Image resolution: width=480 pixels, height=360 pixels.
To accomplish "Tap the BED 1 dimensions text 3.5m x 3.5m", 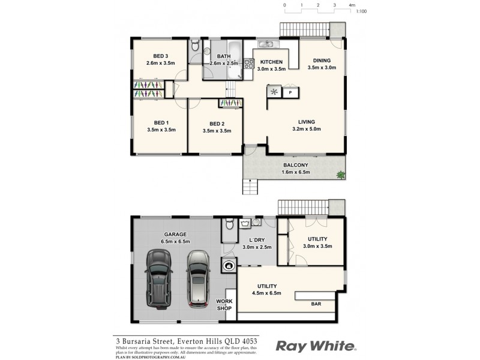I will point(160,129).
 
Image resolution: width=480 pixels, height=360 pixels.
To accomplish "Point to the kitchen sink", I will point(266,44).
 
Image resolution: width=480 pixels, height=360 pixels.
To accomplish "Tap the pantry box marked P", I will point(290,92).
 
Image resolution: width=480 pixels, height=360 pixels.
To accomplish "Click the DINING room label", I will point(322,59).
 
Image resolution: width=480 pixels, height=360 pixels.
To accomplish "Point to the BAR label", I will point(315,304).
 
